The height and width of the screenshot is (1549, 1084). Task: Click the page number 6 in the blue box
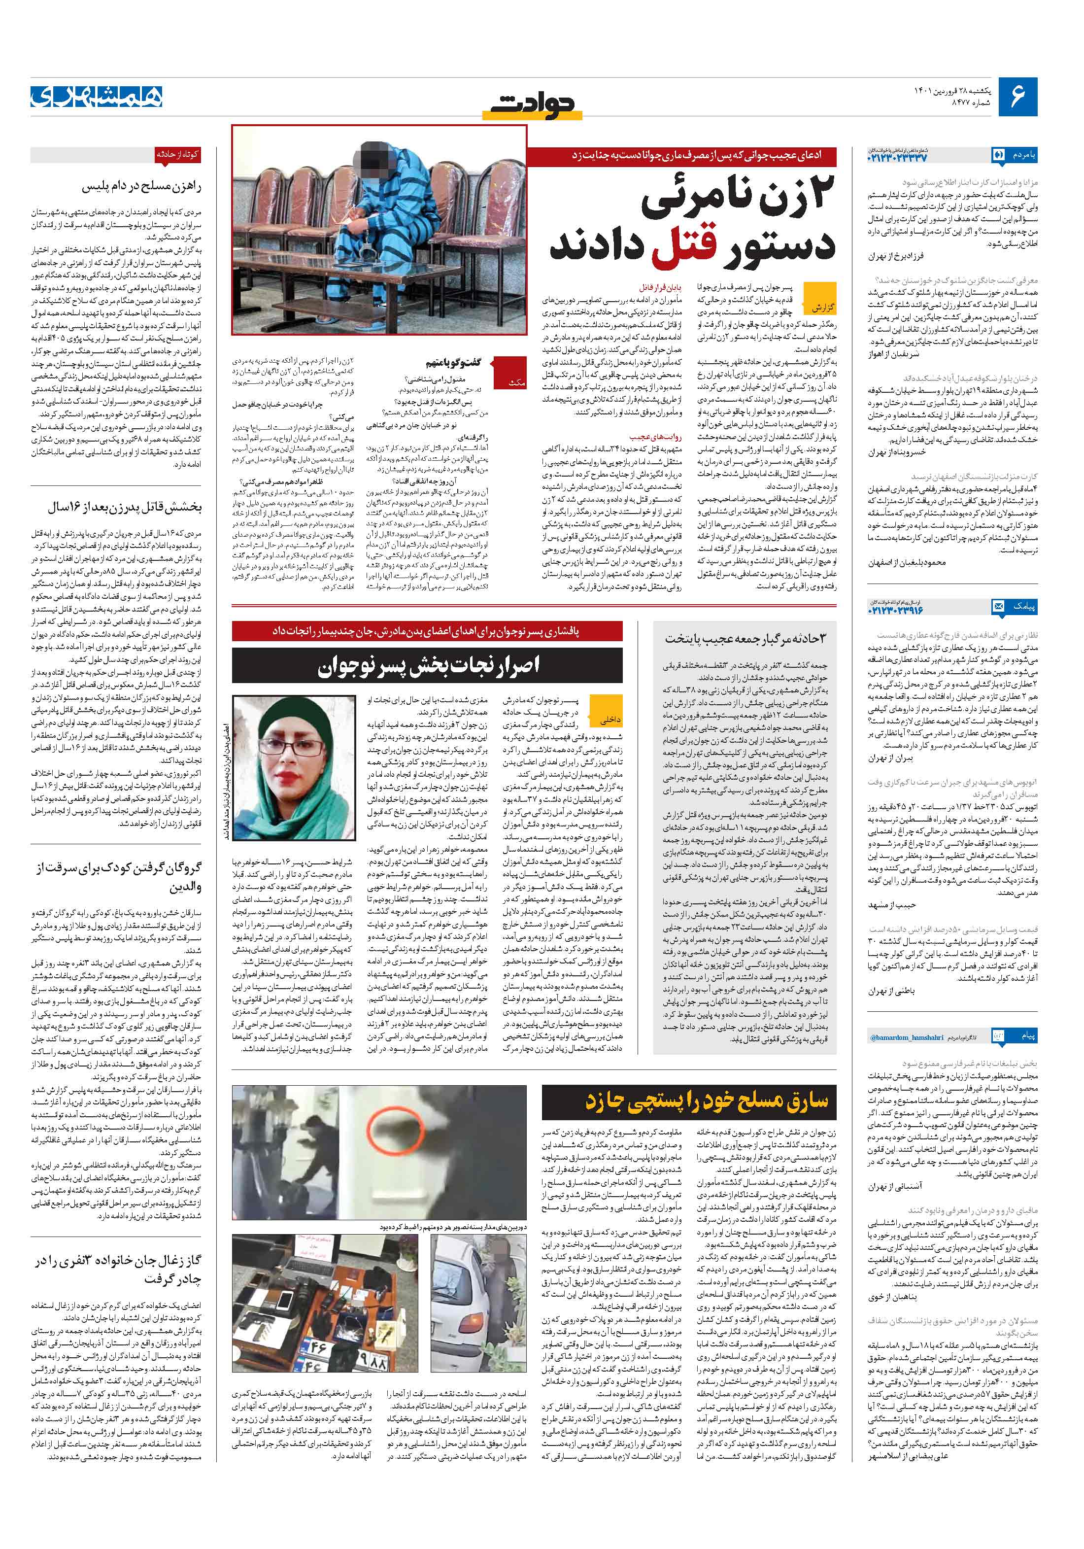[1016, 97]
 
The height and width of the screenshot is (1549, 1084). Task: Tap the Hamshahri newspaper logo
[97, 97]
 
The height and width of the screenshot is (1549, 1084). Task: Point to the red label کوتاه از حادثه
[177, 154]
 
